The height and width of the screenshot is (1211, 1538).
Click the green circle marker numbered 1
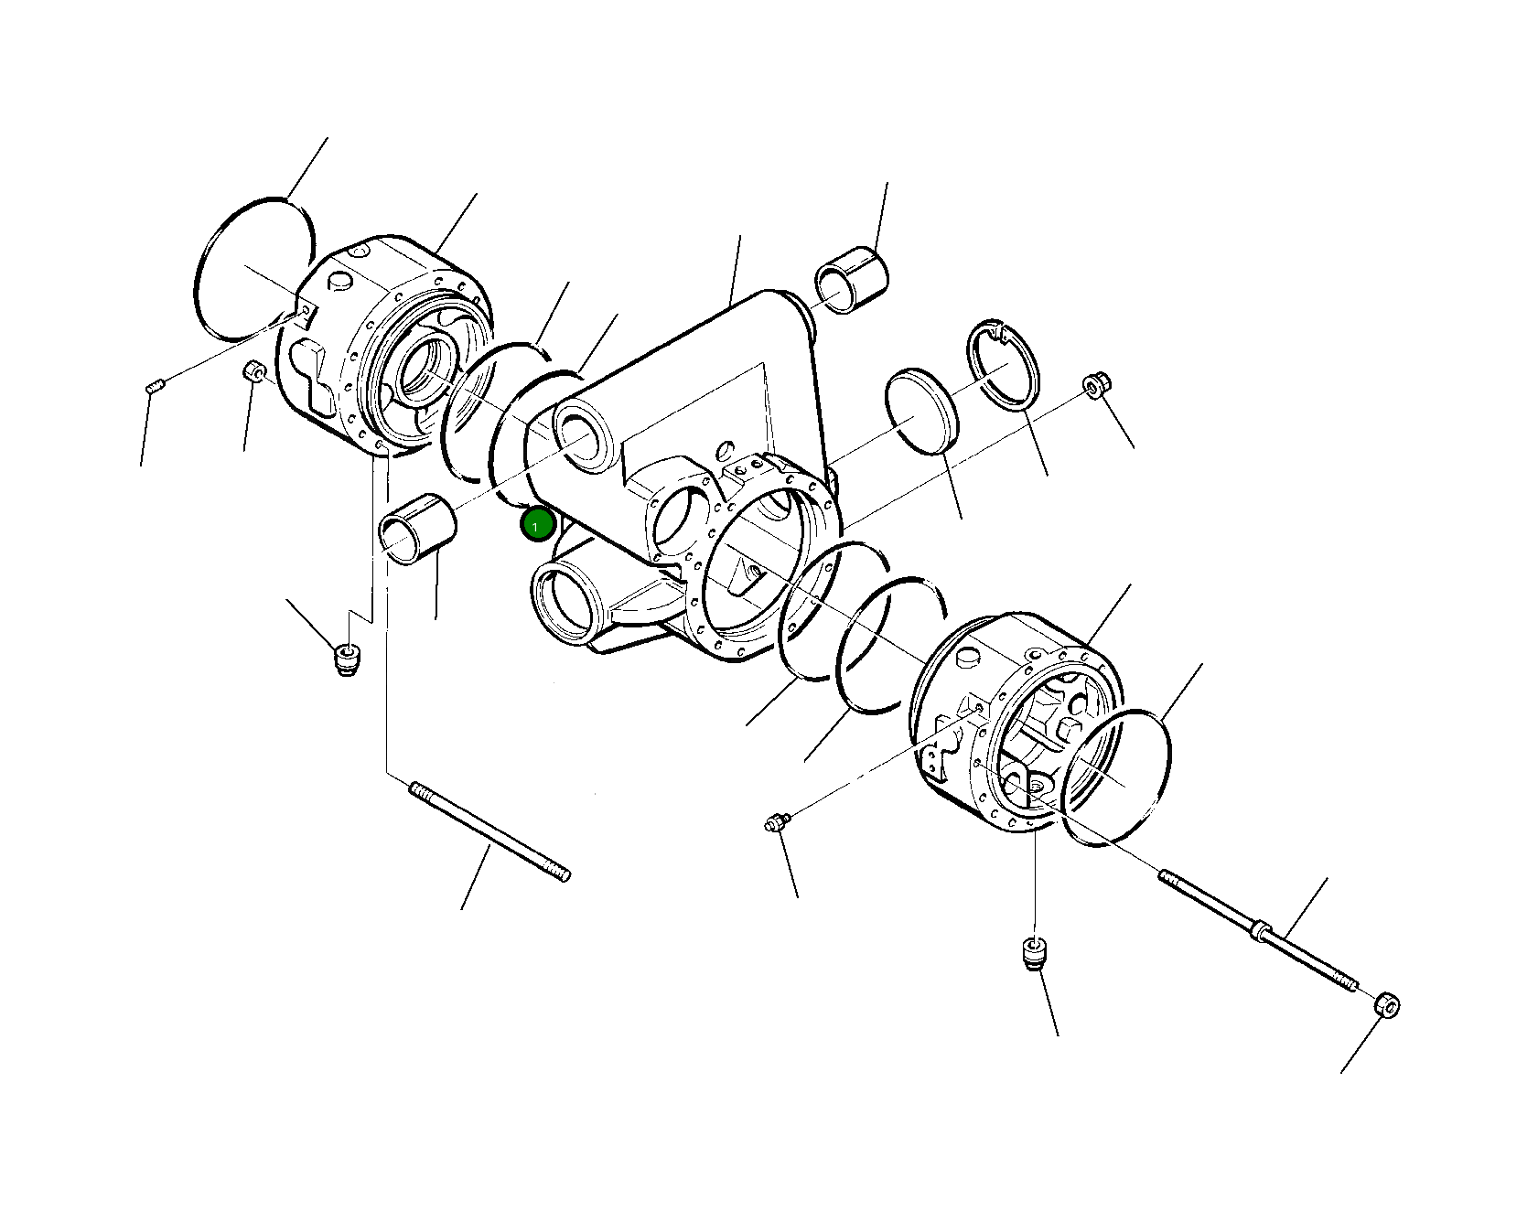coord(537,525)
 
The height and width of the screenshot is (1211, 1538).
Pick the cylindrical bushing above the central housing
coord(851,278)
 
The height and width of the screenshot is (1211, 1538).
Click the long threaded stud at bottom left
coord(490,831)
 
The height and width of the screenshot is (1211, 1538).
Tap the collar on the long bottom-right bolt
coord(1261,930)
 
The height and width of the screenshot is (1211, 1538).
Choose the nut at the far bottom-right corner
coord(1388,1005)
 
